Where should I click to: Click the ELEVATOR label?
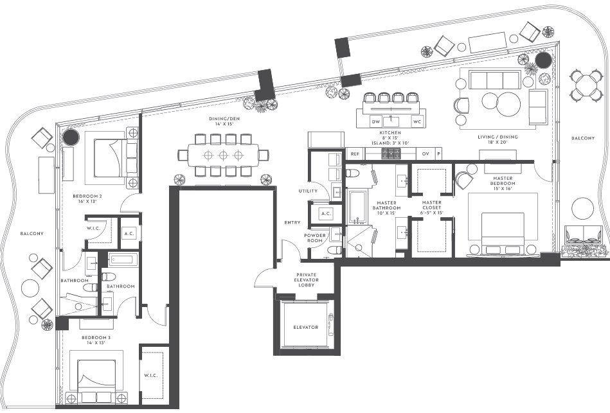305,327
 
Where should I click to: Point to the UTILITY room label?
308,191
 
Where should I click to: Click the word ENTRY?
292,222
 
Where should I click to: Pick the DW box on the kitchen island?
375,121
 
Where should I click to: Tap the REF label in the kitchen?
355,154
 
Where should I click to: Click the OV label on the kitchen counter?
425,154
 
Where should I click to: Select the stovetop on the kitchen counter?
391,154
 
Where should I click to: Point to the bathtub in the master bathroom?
357,206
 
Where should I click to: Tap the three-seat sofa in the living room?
494,80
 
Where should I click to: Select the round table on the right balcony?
587,85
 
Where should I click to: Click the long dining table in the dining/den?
223,155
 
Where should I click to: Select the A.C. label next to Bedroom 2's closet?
129,234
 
